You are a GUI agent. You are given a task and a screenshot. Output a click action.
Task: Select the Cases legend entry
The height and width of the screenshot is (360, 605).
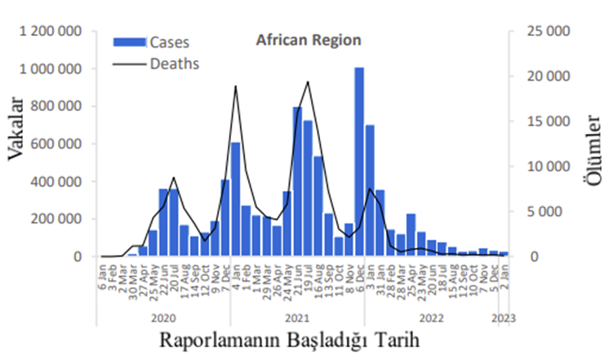(167, 42)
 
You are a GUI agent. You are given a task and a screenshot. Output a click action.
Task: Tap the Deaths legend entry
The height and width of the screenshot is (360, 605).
(175, 62)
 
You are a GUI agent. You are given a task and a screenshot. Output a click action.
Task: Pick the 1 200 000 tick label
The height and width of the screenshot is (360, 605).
(54, 32)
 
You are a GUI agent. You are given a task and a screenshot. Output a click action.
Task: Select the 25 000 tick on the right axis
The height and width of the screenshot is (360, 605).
(545, 32)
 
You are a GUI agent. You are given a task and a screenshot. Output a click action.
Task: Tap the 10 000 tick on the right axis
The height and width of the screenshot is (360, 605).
(545, 167)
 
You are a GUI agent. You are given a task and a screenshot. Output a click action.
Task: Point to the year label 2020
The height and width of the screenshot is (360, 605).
(165, 317)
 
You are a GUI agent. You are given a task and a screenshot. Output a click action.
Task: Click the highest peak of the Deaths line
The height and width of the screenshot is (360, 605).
(308, 82)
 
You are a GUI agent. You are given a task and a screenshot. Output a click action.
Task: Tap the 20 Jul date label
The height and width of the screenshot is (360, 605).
(175, 278)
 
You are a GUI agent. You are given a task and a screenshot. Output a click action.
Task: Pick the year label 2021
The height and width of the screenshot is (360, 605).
(298, 317)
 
